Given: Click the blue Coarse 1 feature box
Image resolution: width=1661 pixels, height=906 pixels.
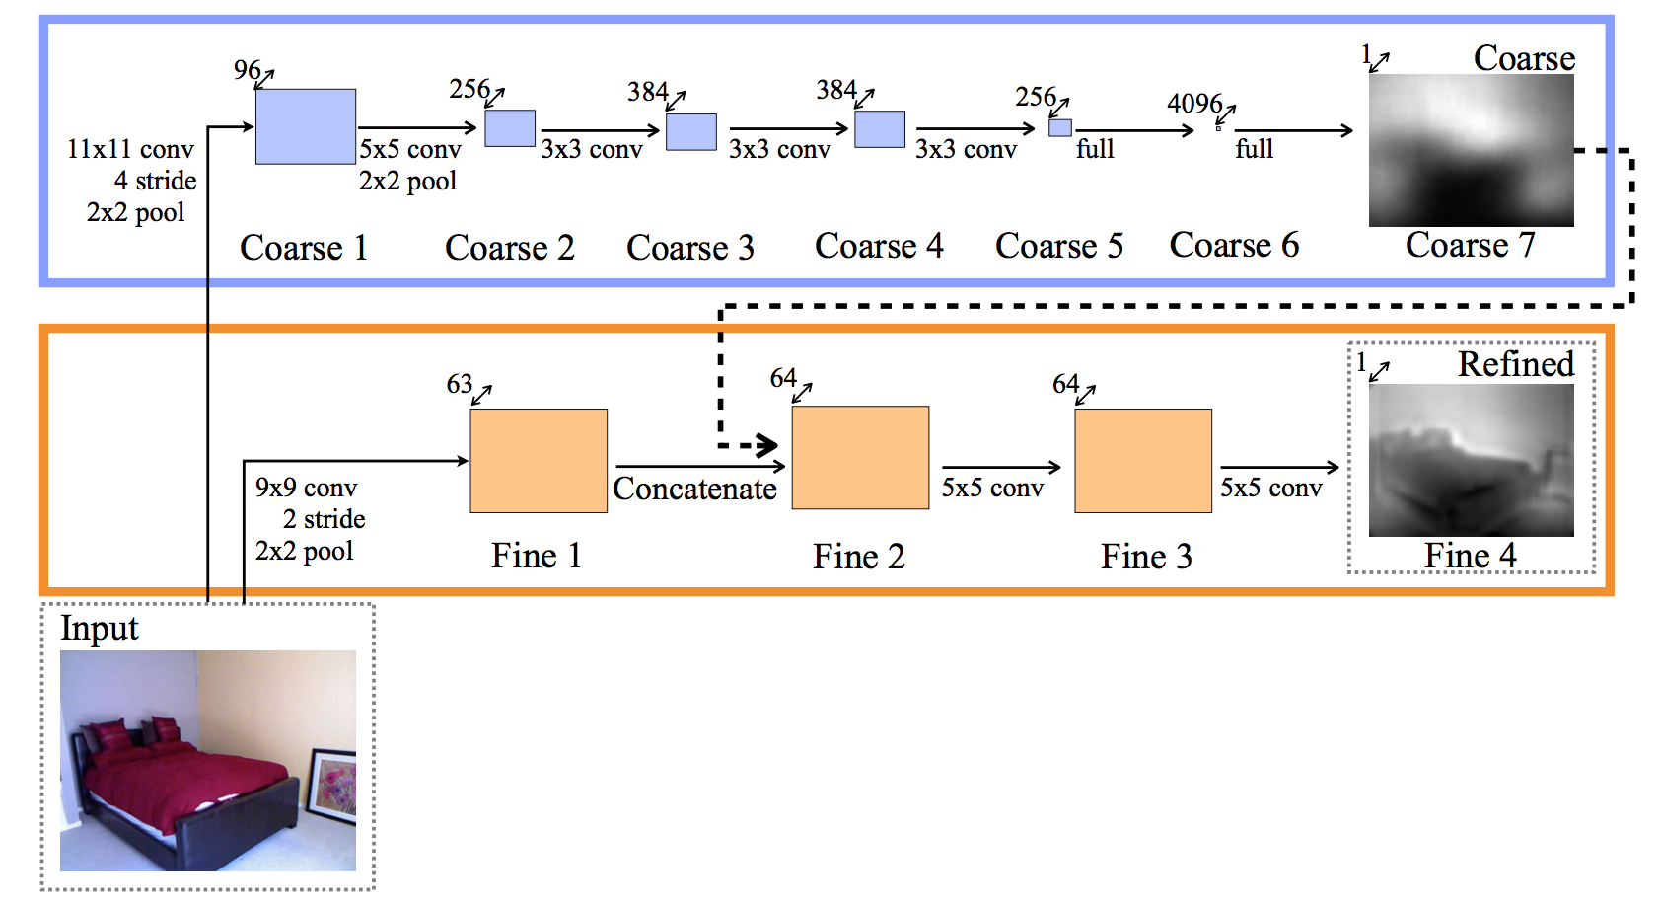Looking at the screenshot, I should (305, 126).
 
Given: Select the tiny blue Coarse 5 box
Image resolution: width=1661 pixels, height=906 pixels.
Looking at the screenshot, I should (1059, 127).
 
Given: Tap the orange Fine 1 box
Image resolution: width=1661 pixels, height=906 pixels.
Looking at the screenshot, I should (538, 460).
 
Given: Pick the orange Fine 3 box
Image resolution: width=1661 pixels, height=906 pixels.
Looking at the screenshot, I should (1142, 460).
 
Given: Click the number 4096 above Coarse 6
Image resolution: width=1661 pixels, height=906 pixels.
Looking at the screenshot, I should (1193, 104).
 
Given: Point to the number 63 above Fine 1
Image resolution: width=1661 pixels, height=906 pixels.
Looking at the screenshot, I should (459, 384).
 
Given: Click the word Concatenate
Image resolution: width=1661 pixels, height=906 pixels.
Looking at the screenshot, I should (694, 489).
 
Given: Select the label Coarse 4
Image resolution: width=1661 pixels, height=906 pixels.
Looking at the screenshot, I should (878, 246).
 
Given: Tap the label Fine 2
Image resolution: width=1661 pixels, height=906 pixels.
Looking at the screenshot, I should (858, 557).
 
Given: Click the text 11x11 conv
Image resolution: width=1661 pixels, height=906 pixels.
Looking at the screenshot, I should (130, 149).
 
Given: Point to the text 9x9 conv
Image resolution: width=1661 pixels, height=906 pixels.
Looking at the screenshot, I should (306, 488).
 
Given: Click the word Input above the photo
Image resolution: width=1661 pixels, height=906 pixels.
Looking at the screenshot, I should (99, 629).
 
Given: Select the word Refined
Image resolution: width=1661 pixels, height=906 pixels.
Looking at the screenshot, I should (1515, 364).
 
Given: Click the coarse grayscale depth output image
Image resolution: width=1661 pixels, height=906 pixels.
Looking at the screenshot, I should (1471, 150).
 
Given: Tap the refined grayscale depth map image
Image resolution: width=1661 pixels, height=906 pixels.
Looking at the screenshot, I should (1471, 460).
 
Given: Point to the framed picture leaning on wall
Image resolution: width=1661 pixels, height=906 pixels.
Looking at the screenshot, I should (332, 785).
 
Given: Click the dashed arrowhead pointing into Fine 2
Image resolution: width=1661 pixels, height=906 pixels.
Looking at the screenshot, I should (768, 446).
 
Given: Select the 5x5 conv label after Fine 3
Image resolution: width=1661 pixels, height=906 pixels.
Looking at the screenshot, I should (1270, 489).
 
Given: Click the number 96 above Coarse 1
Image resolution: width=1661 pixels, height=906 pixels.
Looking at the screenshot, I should (247, 70).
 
